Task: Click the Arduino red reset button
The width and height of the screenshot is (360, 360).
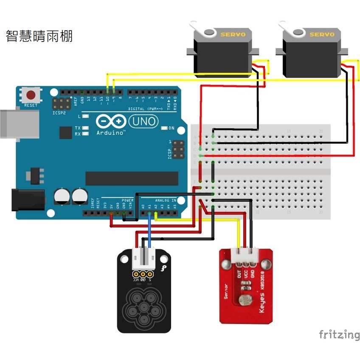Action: pyautogui.click(x=31, y=94)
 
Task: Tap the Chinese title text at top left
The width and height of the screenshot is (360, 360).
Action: pyautogui.click(x=39, y=36)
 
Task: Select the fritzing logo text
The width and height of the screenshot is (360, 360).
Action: pyautogui.click(x=339, y=335)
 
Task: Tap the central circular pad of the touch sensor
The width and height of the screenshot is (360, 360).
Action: pyautogui.click(x=144, y=307)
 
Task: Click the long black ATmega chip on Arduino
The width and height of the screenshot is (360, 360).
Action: pyautogui.click(x=132, y=178)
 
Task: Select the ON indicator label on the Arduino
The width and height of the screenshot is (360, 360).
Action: pyautogui.click(x=172, y=128)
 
